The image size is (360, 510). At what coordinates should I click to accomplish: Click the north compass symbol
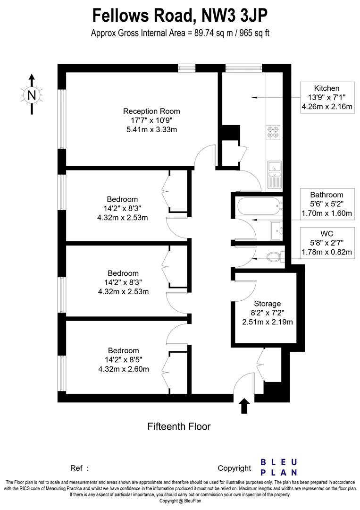coord(32,94)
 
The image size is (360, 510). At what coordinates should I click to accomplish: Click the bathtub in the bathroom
coord(257,206)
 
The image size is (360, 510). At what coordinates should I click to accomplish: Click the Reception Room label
coord(151,111)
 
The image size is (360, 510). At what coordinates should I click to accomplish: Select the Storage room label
coord(267,303)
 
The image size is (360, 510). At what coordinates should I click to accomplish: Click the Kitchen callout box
coord(327,98)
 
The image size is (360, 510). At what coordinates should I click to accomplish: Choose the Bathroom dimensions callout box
coord(327,204)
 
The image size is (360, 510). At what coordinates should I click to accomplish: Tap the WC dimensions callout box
coord(327,243)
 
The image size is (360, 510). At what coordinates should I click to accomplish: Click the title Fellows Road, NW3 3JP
coord(180,16)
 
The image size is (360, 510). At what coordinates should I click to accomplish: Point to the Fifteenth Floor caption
coord(179,426)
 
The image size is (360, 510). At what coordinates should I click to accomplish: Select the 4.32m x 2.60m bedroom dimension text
coord(123,369)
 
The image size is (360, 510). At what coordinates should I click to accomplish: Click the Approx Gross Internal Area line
coord(180,34)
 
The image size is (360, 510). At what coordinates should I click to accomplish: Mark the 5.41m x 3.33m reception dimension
coord(151,129)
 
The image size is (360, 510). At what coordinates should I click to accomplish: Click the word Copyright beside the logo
coord(234,468)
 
